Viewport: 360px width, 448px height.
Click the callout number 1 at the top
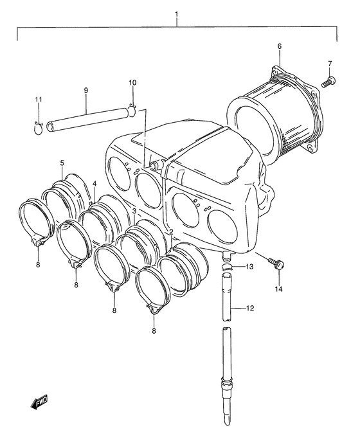click(x=177, y=14)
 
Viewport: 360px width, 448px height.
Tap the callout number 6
click(x=279, y=46)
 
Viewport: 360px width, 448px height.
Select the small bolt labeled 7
click(x=329, y=80)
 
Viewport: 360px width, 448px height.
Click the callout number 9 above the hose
click(x=86, y=91)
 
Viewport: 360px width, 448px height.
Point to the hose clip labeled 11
click(x=38, y=128)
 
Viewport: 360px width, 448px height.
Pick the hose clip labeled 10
click(x=132, y=111)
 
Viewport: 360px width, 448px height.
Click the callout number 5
click(x=62, y=163)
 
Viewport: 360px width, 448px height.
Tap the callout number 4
click(x=94, y=183)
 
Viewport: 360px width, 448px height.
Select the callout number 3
click(x=134, y=211)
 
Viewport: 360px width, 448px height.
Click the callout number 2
click(x=171, y=232)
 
